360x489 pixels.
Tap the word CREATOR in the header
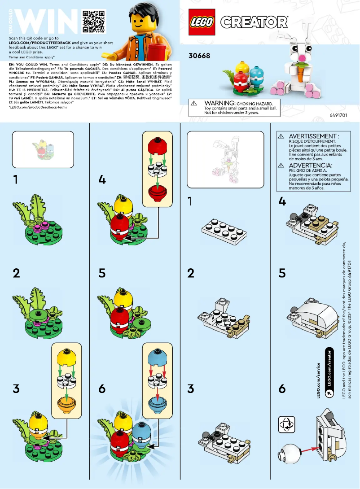coord(254,22)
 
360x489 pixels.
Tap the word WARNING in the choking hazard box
coord(217,103)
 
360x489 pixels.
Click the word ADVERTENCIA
coord(310,165)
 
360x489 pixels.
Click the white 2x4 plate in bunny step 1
coord(224,229)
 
